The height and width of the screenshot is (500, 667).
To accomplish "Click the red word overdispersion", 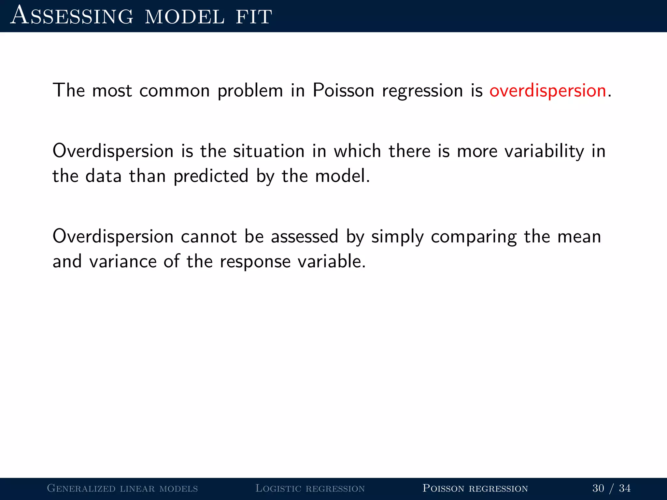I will pyautogui.click(x=547, y=91).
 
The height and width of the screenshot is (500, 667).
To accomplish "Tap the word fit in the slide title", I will pyautogui.click(x=254, y=16).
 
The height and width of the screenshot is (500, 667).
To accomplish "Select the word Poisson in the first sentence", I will pyautogui.click(x=343, y=91).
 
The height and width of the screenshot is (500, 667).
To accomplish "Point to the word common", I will pyautogui.click(x=175, y=91).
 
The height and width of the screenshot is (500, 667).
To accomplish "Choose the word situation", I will pyautogui.click(x=269, y=151).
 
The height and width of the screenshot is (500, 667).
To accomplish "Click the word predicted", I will pyautogui.click(x=211, y=177).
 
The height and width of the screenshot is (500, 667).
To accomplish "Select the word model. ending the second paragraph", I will pyautogui.click(x=343, y=176).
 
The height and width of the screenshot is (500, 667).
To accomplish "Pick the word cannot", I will pyautogui.click(x=209, y=237).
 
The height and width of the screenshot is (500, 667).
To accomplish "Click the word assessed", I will pyautogui.click(x=305, y=237).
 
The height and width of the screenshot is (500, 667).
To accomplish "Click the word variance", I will pyautogui.click(x=123, y=262).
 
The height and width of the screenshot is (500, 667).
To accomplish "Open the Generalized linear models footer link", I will pyautogui.click(x=122, y=488).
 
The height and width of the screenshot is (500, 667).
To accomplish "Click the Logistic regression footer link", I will pyautogui.click(x=310, y=488).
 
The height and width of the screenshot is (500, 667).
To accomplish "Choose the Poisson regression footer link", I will pyautogui.click(x=475, y=488).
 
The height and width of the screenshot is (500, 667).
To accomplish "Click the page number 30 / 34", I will pyautogui.click(x=611, y=488).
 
